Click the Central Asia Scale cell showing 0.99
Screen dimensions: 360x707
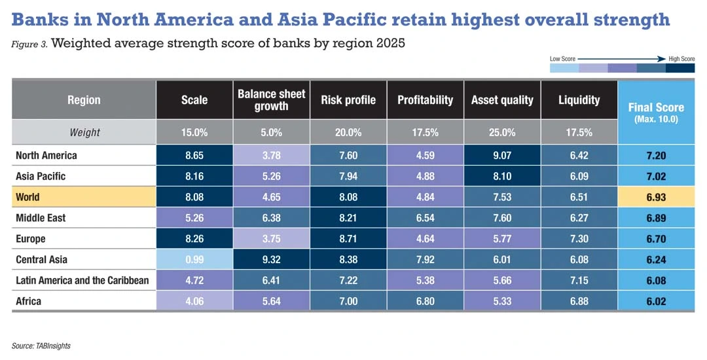(194, 259)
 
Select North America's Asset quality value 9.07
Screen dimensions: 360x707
(502, 156)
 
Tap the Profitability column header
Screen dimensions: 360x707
(425, 99)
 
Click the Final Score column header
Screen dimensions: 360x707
(656, 111)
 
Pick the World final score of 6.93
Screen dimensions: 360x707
(656, 197)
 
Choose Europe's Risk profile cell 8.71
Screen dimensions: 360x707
(348, 239)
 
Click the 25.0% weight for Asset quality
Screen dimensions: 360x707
(502, 132)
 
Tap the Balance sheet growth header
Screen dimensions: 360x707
(272, 99)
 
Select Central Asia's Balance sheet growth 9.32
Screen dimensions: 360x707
(272, 259)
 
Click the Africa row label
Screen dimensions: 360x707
(28, 301)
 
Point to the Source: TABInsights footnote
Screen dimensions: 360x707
(41, 345)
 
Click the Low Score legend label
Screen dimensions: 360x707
(563, 59)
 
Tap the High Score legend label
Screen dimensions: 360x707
(681, 59)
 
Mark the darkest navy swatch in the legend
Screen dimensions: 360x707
(680, 67)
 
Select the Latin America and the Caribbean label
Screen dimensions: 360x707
(82, 280)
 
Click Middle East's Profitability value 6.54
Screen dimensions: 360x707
(425, 218)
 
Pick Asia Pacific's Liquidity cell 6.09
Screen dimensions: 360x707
(579, 177)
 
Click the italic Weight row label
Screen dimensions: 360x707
(84, 132)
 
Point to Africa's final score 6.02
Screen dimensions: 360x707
(656, 301)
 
